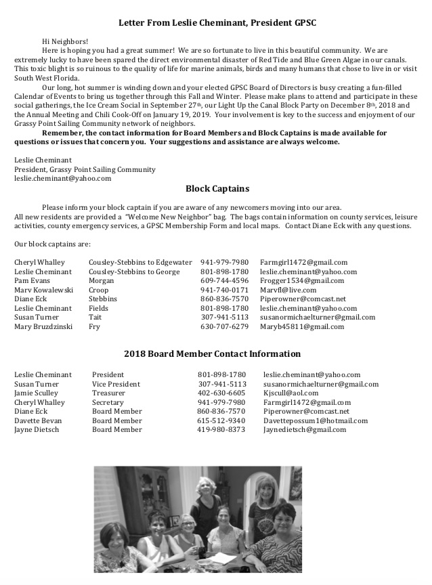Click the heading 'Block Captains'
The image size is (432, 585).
coord(217,189)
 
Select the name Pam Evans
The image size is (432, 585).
coord(31,280)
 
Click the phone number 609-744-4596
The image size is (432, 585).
coord(224,280)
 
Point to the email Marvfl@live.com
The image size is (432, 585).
coord(288,290)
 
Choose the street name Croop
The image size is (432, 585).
coord(99,290)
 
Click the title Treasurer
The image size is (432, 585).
coord(108,393)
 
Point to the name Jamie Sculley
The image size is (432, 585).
coord(37,393)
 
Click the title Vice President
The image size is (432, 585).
coord(116,384)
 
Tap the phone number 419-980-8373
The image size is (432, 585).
coord(221,430)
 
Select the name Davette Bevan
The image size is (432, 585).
coord(39,420)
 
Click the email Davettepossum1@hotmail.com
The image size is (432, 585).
coord(316,420)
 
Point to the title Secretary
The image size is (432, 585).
coord(108,402)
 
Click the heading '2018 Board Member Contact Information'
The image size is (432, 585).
coord(213,354)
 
